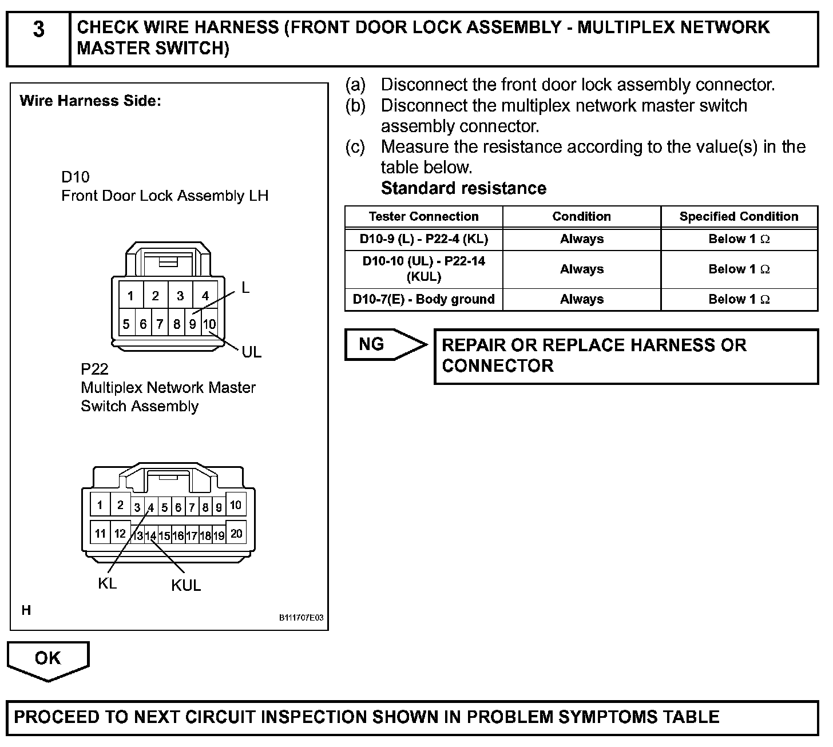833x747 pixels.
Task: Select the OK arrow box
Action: pos(47,658)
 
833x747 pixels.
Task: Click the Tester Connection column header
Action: pos(423,217)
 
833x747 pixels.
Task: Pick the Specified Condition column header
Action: pos(739,217)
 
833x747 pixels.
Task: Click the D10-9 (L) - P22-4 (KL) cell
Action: pos(423,239)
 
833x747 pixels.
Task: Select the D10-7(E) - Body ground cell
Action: pos(423,299)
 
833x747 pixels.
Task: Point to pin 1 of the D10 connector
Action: pos(130,296)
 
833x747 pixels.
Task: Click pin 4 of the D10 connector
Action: pos(205,296)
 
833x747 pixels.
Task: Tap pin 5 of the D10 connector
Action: pos(126,324)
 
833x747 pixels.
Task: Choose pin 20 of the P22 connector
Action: pos(236,534)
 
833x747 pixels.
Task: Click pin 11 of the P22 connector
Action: pos(100,534)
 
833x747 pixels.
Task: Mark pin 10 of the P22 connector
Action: pos(236,505)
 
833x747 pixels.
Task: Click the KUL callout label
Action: pos(186,586)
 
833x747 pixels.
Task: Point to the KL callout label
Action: pos(107,583)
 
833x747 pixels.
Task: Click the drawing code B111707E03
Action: pos(301,618)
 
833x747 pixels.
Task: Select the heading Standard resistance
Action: pos(463,188)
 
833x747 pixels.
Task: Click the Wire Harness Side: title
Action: pos(90,101)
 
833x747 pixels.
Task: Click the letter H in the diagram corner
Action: pos(26,610)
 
